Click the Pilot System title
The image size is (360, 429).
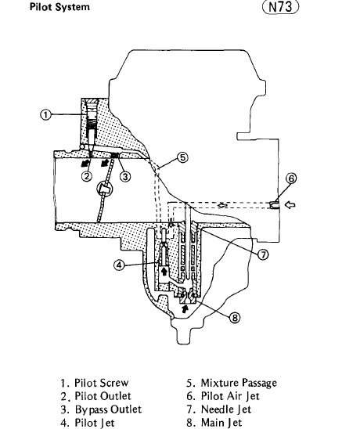coord(59,7)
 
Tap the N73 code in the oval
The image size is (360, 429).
coord(281,7)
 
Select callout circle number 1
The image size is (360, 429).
coord(46,114)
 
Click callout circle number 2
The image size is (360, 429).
coord(87,176)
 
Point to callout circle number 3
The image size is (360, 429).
coord(125,176)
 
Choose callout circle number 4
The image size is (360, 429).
coord(119,265)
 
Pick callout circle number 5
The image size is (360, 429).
coord(182,157)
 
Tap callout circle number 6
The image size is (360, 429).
coord(291,178)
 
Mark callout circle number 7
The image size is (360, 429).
coord(263,254)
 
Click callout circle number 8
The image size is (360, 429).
coord(235,318)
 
